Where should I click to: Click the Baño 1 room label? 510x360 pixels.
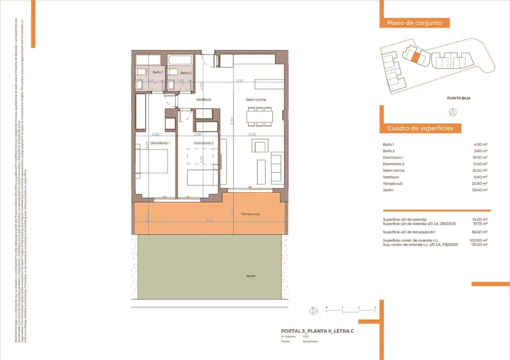pyautogui.click(x=158, y=72)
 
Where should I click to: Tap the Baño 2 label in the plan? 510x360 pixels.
pyautogui.click(x=186, y=73)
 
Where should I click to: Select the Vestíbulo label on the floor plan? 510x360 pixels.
pyautogui.click(x=204, y=100)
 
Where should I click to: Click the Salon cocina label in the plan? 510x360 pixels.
pyautogui.click(x=256, y=100)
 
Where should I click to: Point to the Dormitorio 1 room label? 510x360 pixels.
pyautogui.click(x=160, y=143)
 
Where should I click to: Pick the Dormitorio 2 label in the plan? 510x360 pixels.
pyautogui.click(x=204, y=143)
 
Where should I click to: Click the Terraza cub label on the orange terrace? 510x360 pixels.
pyautogui.click(x=251, y=214)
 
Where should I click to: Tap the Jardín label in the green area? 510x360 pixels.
pyautogui.click(x=251, y=276)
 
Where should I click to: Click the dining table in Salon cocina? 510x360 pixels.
pyautogui.click(x=259, y=117)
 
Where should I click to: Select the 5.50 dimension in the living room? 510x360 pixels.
pyautogui.click(x=239, y=81)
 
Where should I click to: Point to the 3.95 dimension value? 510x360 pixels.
pyautogui.click(x=252, y=134)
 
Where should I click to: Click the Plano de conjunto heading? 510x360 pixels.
pyautogui.click(x=414, y=23)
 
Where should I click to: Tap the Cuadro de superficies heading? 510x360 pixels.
pyautogui.click(x=420, y=128)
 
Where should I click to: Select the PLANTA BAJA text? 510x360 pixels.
pyautogui.click(x=458, y=98)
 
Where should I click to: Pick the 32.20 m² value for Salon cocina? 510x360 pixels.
pyautogui.click(x=480, y=170)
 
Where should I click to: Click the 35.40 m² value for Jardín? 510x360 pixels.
pyautogui.click(x=480, y=190)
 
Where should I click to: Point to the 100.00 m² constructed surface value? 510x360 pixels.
pyautogui.click(x=479, y=241)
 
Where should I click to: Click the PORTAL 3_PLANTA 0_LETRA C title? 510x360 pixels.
pyautogui.click(x=317, y=331)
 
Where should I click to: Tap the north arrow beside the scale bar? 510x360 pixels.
pyautogui.click(x=314, y=311)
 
